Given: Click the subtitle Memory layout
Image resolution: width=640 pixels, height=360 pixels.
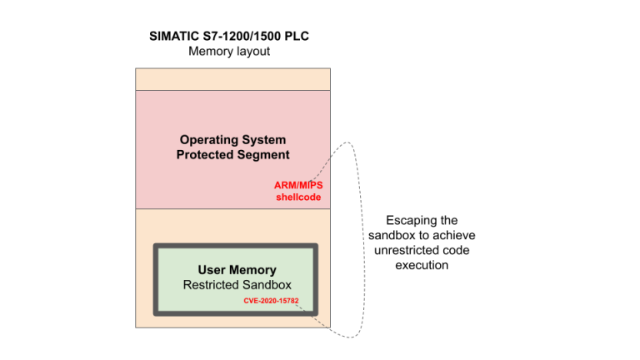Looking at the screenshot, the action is click(x=229, y=52).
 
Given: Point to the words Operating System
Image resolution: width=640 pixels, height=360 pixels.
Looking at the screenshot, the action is click(x=232, y=140).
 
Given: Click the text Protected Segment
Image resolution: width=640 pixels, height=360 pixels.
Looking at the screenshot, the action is click(x=232, y=155).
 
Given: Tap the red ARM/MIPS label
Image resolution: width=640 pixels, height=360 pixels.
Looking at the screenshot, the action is click(x=298, y=185).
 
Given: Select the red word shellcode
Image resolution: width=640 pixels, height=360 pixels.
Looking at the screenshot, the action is click(x=298, y=197).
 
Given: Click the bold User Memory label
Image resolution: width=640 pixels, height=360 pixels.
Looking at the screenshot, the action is click(x=237, y=270).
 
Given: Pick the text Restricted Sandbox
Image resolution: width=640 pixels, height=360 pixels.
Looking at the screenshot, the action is click(x=237, y=285).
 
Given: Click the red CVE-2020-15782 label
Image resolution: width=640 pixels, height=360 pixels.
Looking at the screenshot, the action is click(x=271, y=301).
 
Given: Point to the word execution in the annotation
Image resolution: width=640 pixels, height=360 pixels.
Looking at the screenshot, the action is click(x=422, y=265).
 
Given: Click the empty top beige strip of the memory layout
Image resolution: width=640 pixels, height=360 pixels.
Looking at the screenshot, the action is click(x=232, y=79).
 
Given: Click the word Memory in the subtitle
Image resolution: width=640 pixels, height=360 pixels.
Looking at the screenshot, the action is click(x=208, y=52).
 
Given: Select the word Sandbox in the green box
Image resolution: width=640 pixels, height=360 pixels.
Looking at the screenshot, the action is click(x=269, y=285).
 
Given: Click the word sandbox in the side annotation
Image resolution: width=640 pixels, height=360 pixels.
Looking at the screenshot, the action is click(x=391, y=236).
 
